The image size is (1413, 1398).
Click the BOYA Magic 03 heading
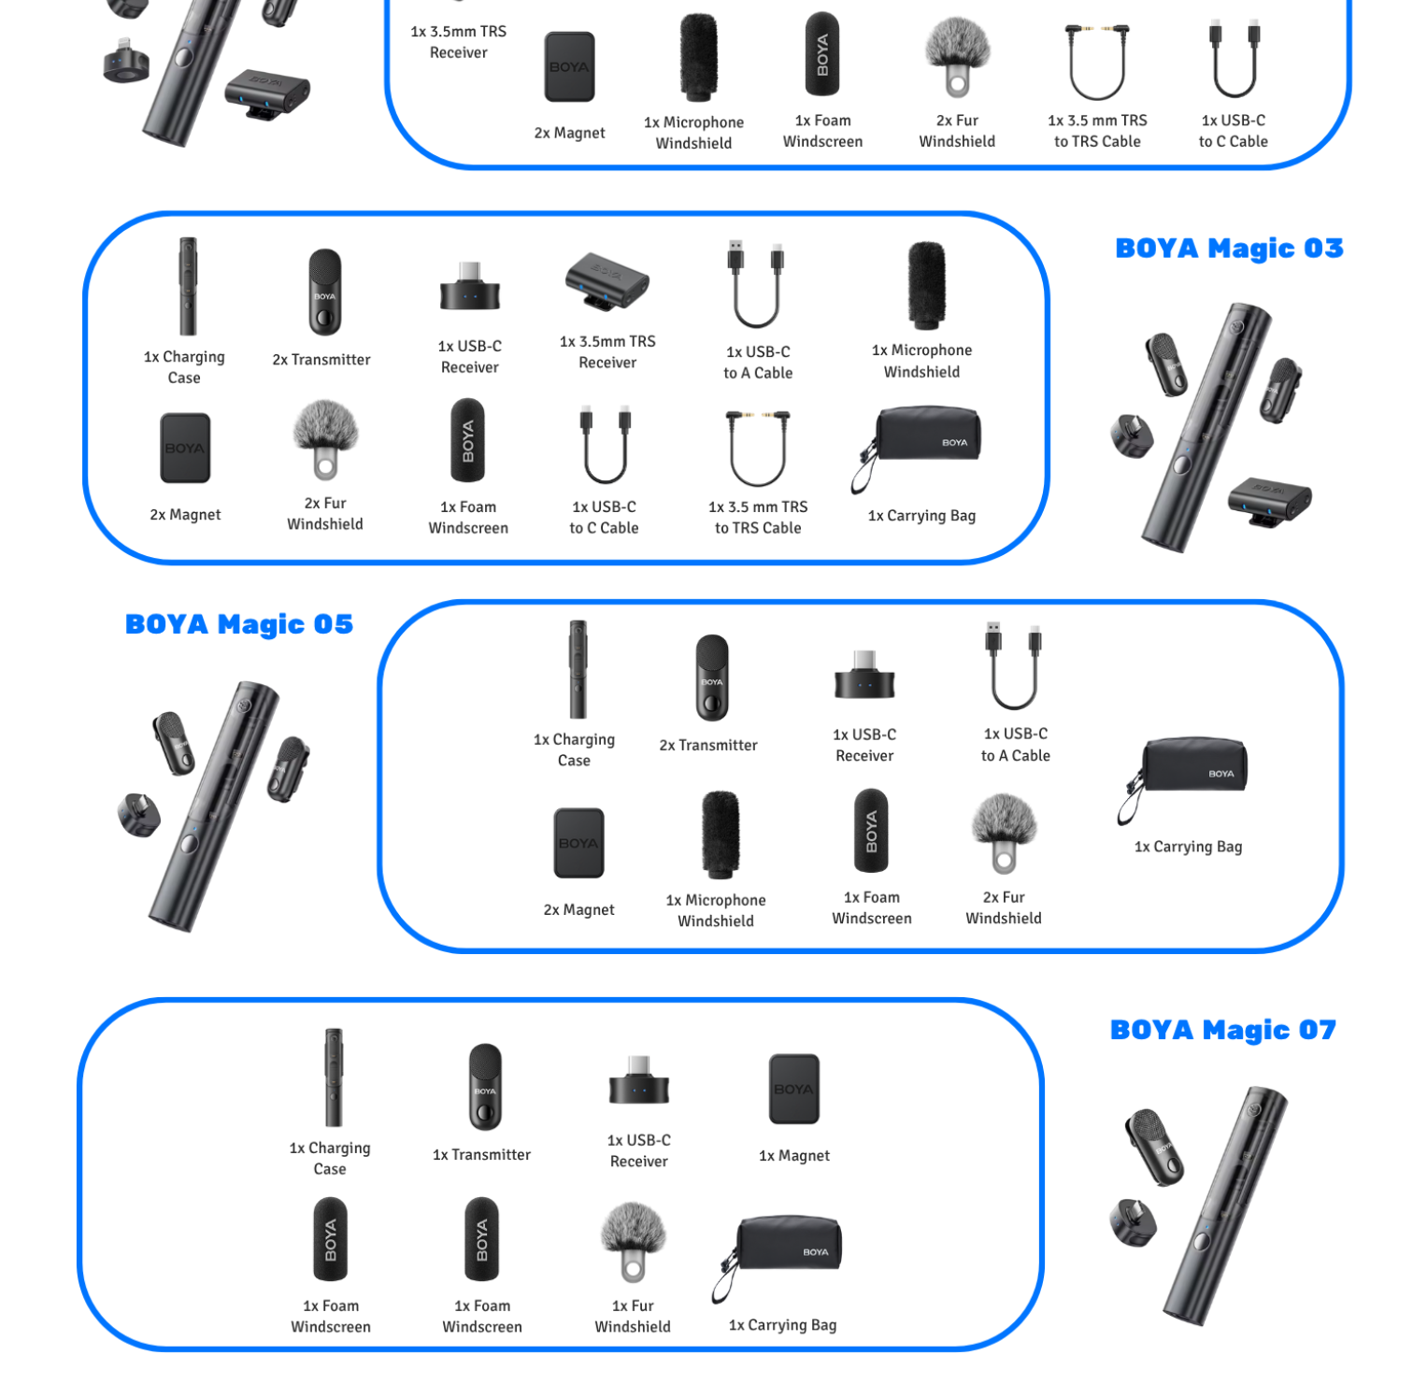[x=1229, y=249]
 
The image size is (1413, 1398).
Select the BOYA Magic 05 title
[x=239, y=624]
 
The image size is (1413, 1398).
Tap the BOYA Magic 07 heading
[x=1223, y=1030]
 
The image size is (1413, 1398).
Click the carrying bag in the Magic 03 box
[x=918, y=446]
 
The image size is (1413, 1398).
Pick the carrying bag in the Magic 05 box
[x=1184, y=778]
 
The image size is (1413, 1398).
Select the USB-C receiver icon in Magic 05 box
[x=864, y=676]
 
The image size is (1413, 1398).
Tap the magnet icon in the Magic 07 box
[x=794, y=1089]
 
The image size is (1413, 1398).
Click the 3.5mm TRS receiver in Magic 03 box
[x=607, y=281]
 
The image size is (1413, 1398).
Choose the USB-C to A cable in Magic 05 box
[x=1014, y=666]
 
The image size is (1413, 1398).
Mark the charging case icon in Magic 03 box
[x=189, y=286]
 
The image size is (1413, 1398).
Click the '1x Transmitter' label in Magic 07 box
[x=481, y=1155]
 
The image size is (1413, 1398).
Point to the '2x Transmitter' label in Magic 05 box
[x=708, y=746]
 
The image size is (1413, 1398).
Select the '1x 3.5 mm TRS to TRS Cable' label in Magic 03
[x=758, y=518]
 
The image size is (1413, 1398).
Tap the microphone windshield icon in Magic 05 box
[x=721, y=835]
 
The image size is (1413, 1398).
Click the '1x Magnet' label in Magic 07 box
[x=794, y=1156]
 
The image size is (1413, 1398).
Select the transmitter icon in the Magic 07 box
[x=485, y=1087]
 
